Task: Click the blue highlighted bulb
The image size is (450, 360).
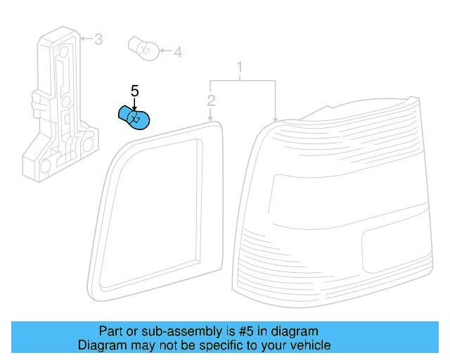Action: coord(134,117)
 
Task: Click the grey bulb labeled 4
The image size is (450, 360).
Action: coord(143,49)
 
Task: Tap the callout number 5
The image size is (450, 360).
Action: coord(134,91)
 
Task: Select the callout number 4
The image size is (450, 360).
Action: coord(178,52)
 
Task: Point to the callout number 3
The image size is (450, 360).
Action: coord(98,39)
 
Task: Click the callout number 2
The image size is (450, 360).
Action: coord(211,101)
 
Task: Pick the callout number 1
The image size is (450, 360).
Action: coord(240,67)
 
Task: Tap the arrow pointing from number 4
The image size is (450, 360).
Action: coord(166,51)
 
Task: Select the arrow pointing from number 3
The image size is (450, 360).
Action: coord(86,38)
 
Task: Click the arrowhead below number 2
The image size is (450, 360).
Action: coord(210,119)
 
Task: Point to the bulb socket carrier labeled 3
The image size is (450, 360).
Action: coord(60,105)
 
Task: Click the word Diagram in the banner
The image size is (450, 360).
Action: coord(102,345)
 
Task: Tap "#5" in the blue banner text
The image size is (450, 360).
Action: coord(246,331)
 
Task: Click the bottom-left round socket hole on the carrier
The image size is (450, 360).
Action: coord(45,166)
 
